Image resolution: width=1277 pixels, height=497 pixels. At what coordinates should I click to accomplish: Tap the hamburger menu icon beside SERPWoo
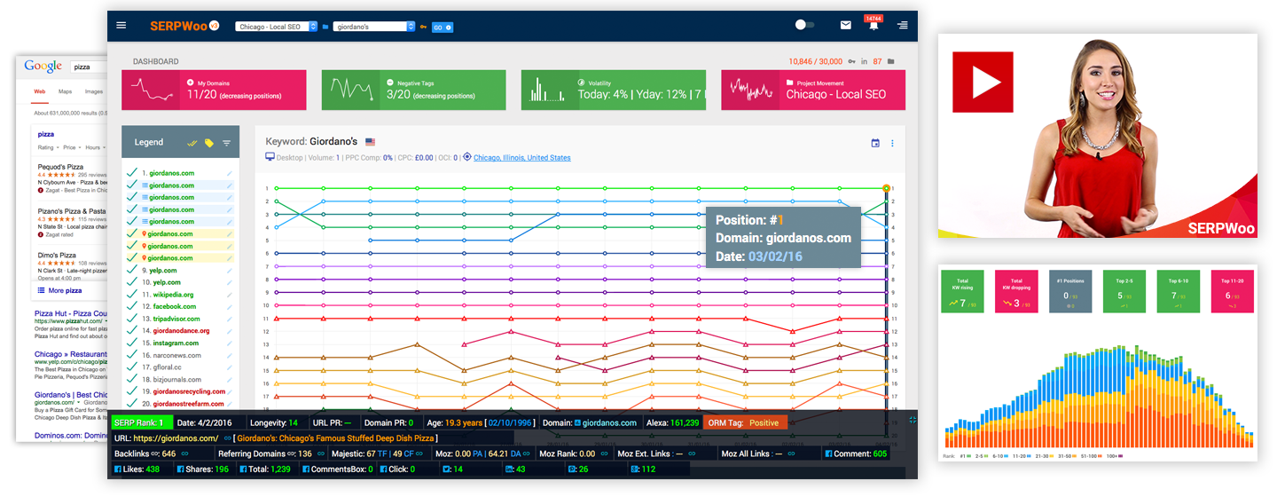pos(121,26)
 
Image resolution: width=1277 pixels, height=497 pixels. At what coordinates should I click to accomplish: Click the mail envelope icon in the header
pos(846,26)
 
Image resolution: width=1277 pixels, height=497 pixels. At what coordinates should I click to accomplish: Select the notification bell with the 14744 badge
pos(874,26)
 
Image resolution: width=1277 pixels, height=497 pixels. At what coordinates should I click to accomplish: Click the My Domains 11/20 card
pos(214,90)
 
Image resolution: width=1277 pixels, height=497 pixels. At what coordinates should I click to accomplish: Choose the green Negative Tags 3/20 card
pos(413,90)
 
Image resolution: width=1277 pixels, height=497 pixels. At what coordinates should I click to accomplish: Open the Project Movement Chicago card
pos(813,90)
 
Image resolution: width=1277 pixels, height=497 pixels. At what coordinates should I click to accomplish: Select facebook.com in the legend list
pos(173,306)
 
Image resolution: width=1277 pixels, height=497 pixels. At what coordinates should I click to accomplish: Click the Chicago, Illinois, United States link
pos(521,158)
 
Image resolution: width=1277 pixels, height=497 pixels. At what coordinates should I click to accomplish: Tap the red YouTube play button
pos(983,82)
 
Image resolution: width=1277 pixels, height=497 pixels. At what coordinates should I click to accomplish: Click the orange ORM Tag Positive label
pos(746,422)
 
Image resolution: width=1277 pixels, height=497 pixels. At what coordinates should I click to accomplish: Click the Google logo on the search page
pos(43,67)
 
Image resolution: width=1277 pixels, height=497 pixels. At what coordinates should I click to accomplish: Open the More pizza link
pos(60,290)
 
